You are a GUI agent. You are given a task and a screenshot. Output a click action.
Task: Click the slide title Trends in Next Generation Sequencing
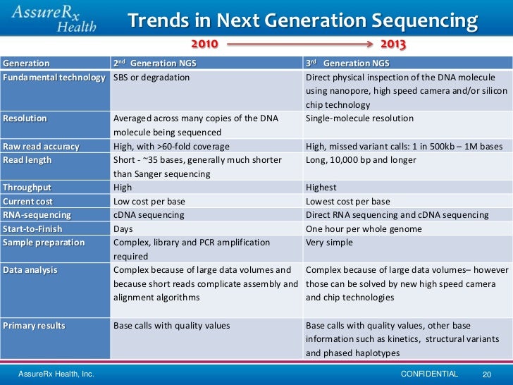click(302, 21)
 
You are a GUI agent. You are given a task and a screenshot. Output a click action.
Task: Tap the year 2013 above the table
click(393, 45)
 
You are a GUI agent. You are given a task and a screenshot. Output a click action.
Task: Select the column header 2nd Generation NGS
click(155, 63)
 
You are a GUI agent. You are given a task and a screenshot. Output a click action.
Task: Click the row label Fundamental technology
click(54, 77)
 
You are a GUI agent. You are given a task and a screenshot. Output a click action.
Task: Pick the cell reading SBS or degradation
click(152, 77)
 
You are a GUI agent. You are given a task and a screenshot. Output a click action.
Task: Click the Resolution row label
click(25, 118)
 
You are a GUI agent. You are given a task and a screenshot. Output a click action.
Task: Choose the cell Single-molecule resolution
click(360, 118)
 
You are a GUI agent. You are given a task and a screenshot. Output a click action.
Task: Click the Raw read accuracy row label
click(41, 147)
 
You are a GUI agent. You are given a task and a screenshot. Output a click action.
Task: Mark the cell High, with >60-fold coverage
click(171, 147)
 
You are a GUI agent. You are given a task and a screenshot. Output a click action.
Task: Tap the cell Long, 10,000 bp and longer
click(361, 160)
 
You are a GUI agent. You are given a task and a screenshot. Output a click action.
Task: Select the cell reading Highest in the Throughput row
click(321, 188)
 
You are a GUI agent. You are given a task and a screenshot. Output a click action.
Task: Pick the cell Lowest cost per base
click(347, 201)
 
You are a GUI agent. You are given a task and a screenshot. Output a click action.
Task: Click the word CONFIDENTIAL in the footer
click(428, 374)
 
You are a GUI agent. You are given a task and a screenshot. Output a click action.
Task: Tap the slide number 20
click(486, 374)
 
